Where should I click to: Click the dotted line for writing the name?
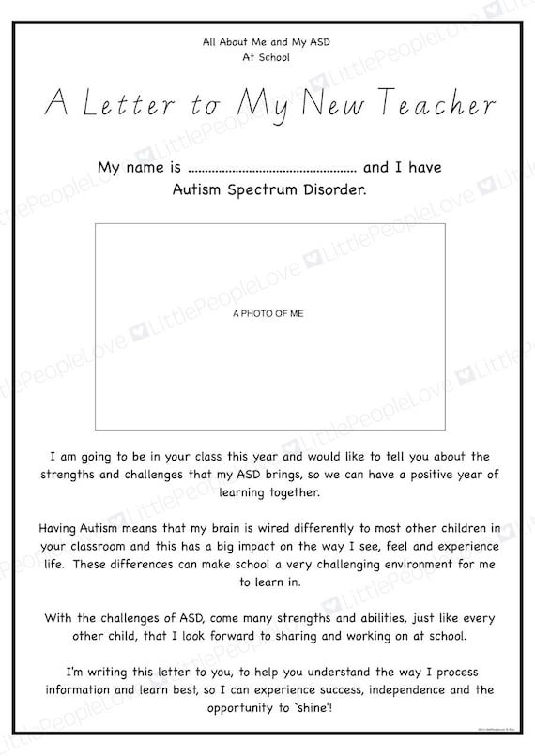[272, 170]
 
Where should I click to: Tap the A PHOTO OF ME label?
[267, 314]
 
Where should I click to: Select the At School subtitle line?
[267, 56]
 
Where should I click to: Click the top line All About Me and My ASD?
[267, 42]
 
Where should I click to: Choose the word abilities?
[345, 619]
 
